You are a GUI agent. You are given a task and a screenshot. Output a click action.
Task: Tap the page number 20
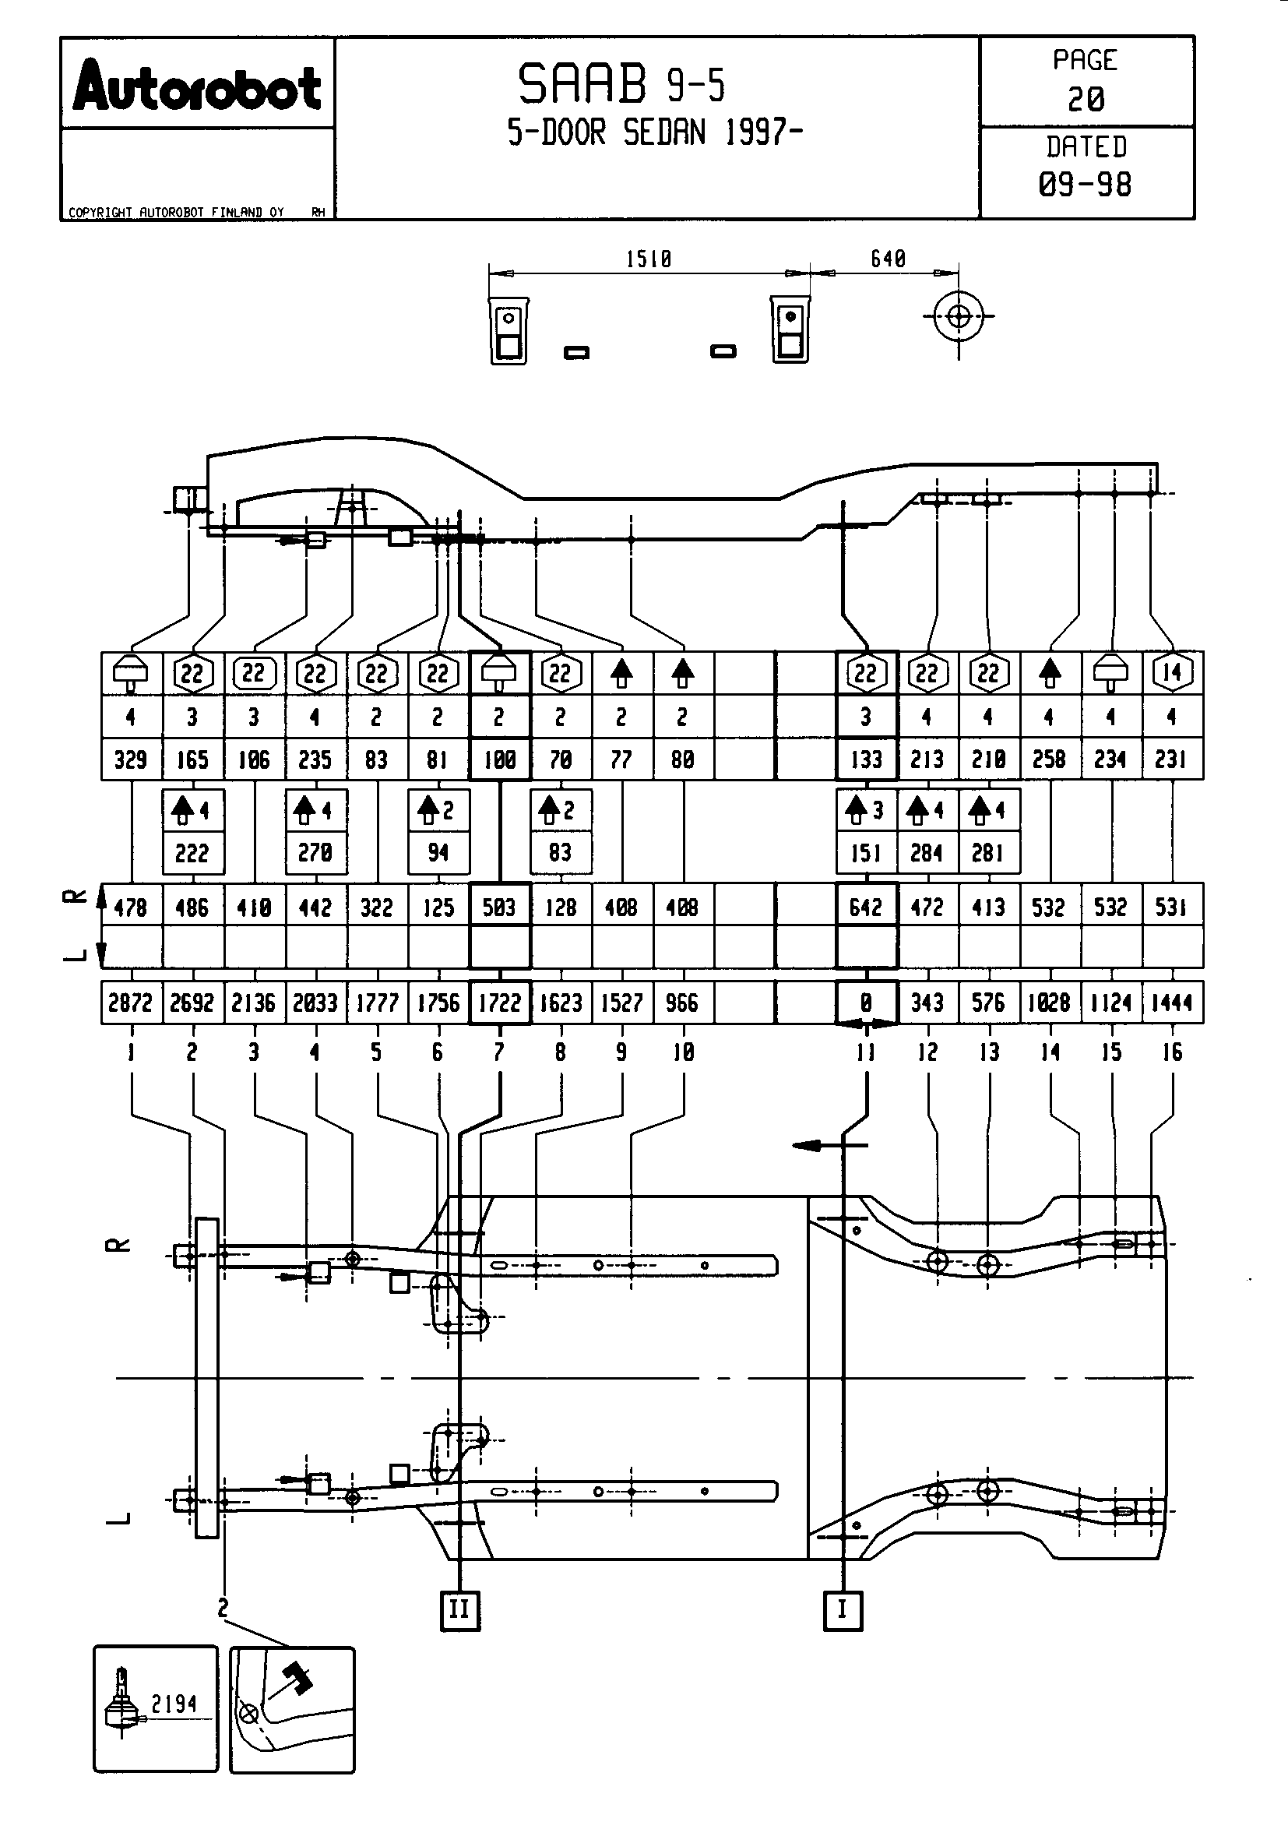coord(1086,99)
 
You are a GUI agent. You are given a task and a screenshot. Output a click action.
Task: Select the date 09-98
coord(1085,185)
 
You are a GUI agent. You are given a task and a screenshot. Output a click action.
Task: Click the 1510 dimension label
coord(649,259)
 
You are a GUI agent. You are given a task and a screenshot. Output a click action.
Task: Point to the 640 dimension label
coord(888,259)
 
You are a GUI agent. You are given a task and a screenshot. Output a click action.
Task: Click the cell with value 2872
coord(131,1003)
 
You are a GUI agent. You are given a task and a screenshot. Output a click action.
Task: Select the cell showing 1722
coord(499,1003)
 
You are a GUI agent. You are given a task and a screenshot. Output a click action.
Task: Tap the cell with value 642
coord(866,907)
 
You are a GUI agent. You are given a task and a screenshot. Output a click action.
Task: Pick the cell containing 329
coord(131,759)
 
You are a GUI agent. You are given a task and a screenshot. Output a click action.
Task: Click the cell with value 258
coord(1049,759)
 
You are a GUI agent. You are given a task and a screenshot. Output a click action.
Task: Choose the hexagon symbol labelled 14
coord(1172,673)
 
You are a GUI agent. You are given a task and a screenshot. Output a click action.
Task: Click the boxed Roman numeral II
coord(460,1610)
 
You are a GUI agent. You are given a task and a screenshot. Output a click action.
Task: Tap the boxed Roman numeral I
coord(843,1610)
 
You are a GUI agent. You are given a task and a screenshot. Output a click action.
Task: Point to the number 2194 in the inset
coord(174,1704)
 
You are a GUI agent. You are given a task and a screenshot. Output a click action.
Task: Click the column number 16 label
coord(1172,1052)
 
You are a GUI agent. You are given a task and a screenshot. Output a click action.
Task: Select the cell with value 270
coord(315,853)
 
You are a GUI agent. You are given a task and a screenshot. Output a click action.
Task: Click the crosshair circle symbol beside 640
coord(959,316)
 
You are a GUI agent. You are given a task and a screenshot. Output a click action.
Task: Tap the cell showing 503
coord(499,907)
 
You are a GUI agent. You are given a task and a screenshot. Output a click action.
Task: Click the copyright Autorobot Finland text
coord(176,212)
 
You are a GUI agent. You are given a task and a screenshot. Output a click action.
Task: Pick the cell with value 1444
coord(1172,1003)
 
